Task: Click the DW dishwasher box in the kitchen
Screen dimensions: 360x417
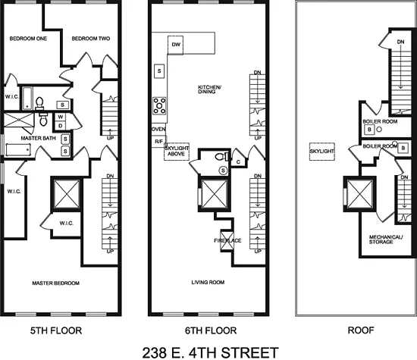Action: click(x=176, y=46)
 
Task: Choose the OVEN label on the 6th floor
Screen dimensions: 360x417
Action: click(x=158, y=129)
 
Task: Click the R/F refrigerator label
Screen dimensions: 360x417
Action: click(x=158, y=142)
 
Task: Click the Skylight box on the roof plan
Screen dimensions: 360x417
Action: click(x=321, y=152)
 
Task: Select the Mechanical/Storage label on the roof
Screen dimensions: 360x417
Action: click(x=385, y=240)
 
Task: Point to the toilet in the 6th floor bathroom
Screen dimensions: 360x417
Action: click(x=220, y=157)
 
